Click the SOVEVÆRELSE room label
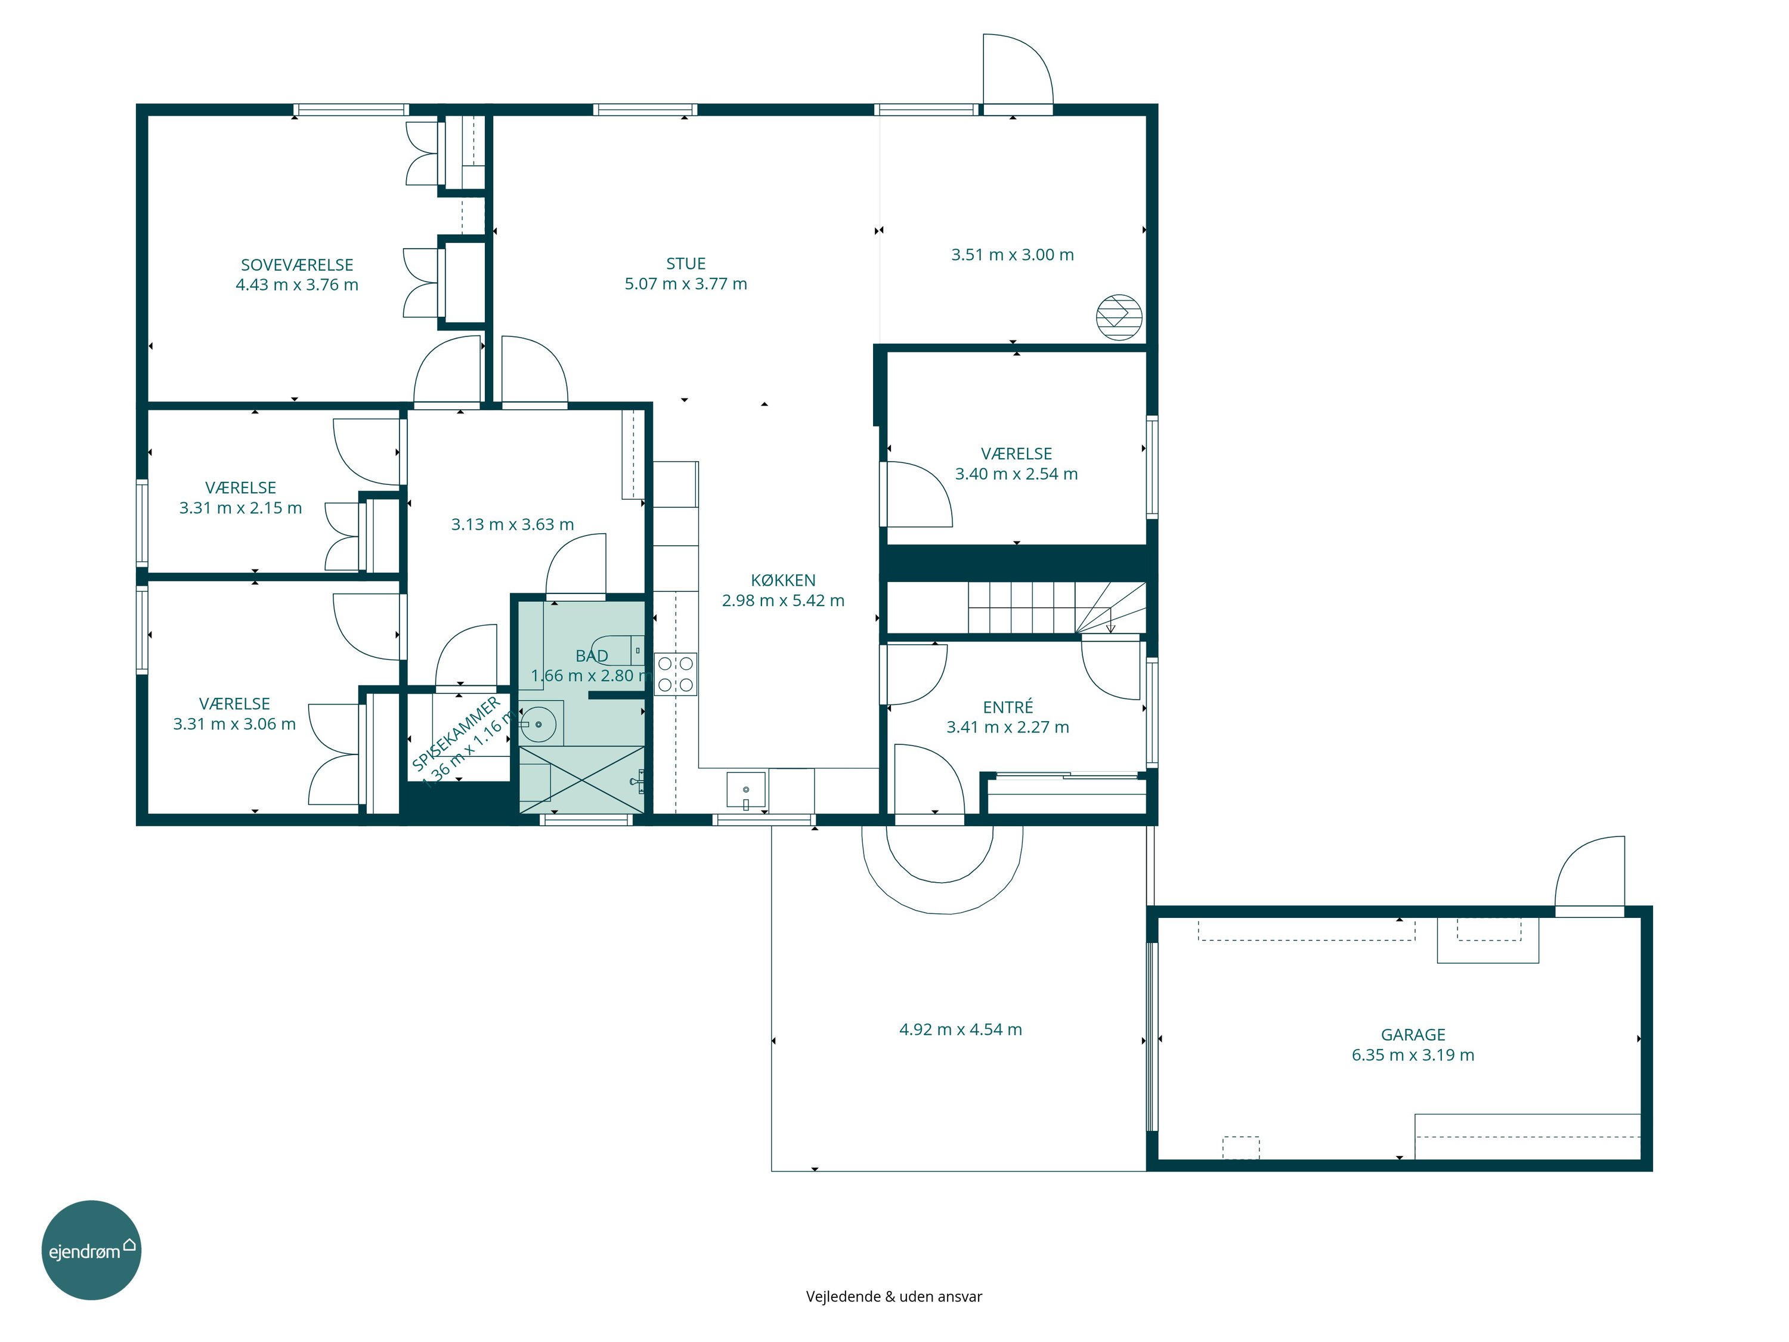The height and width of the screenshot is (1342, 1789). point(297,264)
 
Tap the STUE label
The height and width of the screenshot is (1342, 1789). point(686,264)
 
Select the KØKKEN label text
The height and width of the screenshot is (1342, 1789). point(783,580)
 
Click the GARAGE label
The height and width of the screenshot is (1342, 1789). point(1413,1035)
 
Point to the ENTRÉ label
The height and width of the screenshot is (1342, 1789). point(1008,707)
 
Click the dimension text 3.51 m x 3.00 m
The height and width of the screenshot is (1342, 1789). point(1013,255)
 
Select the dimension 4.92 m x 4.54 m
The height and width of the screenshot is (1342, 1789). point(961,1029)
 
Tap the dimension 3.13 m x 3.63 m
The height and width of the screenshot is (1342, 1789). point(513,524)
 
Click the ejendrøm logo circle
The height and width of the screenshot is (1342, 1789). point(91,1250)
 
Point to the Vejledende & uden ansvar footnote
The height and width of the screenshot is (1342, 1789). point(894,1296)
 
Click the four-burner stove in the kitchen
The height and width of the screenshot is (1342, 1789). point(675,674)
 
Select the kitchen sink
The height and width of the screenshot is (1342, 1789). point(745,790)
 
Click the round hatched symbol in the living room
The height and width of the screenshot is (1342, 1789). point(1119,316)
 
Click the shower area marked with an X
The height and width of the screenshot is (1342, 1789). point(581,780)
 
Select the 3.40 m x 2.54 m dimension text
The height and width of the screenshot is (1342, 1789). point(1017,474)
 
